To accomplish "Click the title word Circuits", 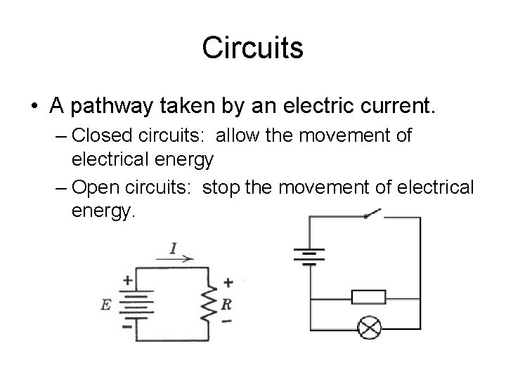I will [252, 48].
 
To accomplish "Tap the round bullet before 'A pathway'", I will [34, 108].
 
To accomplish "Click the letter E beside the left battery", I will [106, 305].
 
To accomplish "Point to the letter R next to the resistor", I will [226, 305].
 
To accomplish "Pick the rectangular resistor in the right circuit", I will [368, 297].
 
